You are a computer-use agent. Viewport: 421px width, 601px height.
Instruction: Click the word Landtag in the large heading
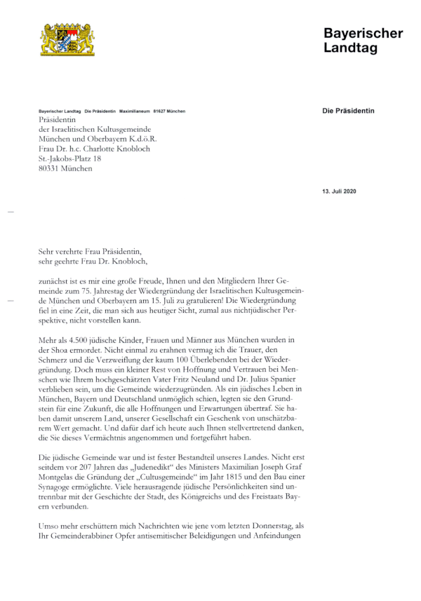[x=350, y=48]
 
